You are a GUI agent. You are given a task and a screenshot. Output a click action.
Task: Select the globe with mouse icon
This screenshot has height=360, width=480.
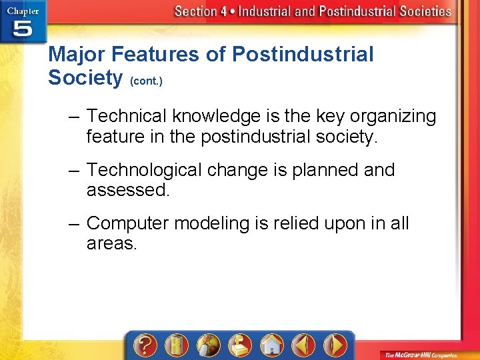208,345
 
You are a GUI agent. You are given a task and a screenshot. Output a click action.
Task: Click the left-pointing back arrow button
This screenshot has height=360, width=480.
303,345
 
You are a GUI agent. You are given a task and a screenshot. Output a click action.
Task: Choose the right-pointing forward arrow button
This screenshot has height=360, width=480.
335,345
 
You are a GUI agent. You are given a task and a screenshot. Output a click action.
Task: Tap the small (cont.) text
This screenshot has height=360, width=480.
146,81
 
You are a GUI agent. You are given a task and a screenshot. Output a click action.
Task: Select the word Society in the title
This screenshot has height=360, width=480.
85,78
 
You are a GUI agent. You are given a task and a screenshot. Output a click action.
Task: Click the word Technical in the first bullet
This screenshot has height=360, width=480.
127,116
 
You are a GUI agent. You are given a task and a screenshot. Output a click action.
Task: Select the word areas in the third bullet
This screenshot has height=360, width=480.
111,244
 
